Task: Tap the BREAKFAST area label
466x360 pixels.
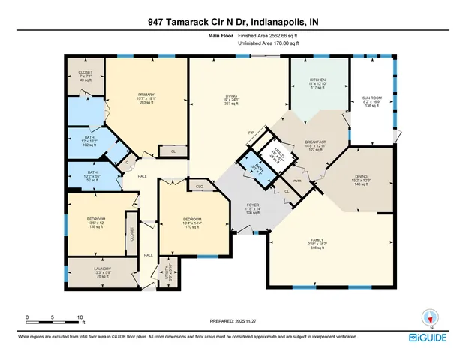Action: coord(314,142)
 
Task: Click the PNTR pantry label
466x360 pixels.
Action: coord(296,181)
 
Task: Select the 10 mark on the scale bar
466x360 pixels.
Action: coord(80,317)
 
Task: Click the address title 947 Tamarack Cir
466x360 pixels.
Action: coord(233,22)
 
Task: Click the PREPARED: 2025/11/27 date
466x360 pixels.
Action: coord(233,320)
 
